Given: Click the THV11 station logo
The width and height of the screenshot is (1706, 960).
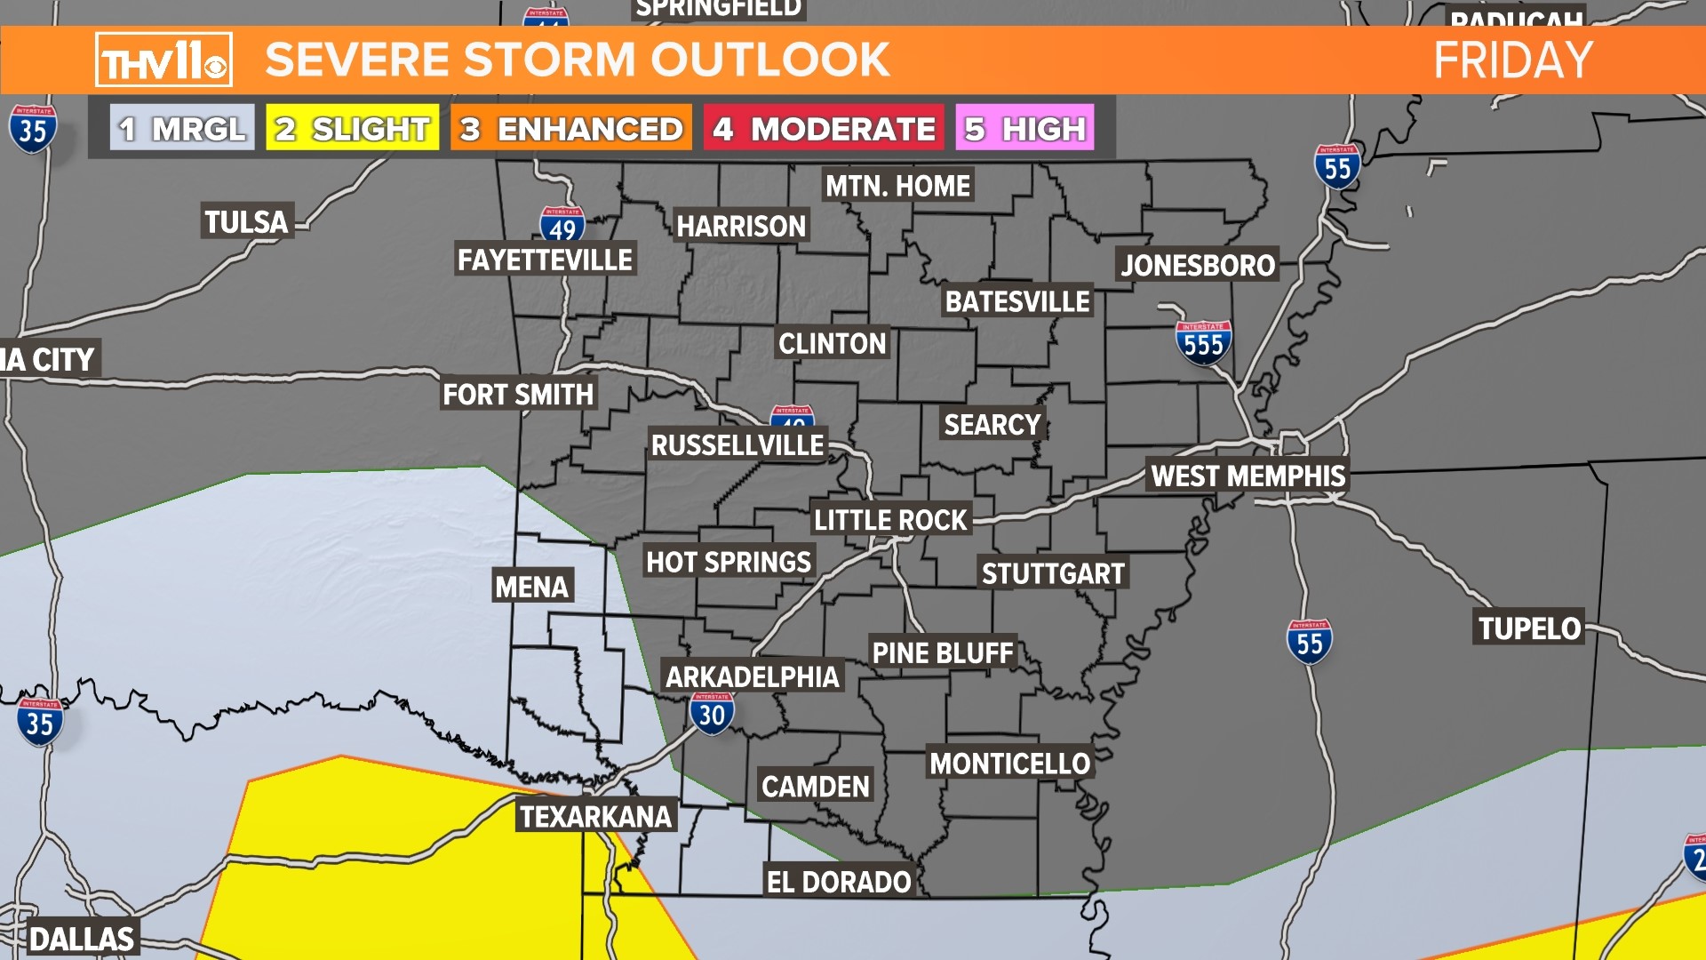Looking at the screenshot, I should tap(163, 60).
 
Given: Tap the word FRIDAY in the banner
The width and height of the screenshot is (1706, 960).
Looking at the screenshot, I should tap(1512, 60).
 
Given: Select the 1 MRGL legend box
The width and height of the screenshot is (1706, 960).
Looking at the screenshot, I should tap(182, 129).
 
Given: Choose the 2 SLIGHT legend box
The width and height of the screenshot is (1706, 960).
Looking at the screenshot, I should tap(353, 129).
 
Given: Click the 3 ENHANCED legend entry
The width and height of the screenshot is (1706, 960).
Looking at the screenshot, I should tap(571, 129).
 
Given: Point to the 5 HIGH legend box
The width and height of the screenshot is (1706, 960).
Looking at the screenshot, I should tap(1024, 129).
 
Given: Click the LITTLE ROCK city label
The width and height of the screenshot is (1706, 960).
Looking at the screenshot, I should tap(890, 520).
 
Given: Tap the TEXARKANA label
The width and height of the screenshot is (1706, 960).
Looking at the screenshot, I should tap(595, 817).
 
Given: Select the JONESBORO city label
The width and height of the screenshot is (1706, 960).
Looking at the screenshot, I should tap(1198, 265).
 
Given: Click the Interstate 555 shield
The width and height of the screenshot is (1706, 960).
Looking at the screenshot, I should tap(1203, 343).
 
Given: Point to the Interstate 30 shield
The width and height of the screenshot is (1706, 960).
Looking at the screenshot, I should tap(712, 714).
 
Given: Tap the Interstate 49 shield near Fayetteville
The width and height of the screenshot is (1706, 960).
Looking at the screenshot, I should tap(562, 226).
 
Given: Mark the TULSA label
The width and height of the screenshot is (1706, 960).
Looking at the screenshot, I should tap(246, 221).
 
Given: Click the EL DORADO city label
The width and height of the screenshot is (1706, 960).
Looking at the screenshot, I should tap(839, 882).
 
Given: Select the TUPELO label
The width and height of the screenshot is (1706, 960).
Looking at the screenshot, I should tap(1529, 628).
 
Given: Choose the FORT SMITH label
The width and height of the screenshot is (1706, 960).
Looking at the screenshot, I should tap(518, 394).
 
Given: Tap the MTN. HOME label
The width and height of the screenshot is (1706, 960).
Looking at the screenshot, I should tap(897, 186).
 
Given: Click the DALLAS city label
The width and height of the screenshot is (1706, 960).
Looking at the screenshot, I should tap(82, 939).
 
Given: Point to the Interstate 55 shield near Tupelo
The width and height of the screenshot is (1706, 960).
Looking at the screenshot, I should tap(1310, 642).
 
